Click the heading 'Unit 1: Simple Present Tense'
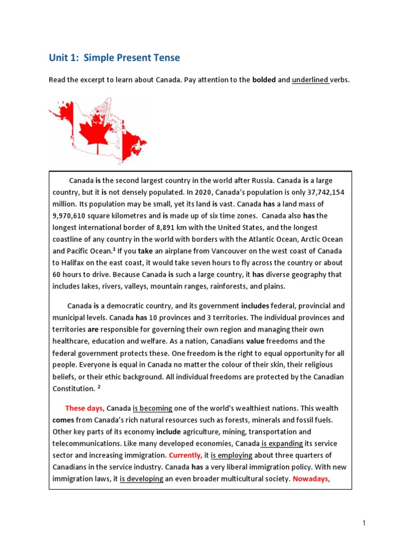pos(114,58)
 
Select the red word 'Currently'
pos(184,455)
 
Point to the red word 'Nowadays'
pos(311,479)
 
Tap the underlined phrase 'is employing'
pos(235,455)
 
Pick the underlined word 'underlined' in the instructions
pos(311,80)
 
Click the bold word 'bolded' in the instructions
pos(264,80)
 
